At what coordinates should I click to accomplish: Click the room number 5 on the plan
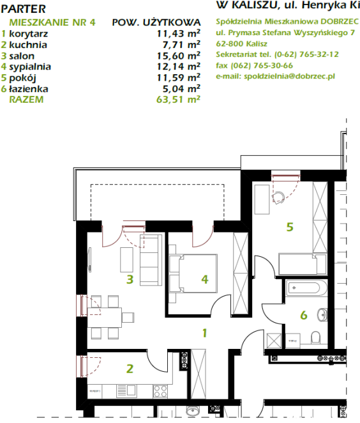click(290, 227)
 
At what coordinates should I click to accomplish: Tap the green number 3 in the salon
click(130, 279)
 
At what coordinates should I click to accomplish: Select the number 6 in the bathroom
click(304, 315)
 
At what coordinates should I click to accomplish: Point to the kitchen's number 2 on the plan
click(130, 369)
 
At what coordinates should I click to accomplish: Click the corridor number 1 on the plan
click(205, 333)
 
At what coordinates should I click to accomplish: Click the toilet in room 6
click(315, 337)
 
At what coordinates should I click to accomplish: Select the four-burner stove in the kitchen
click(160, 391)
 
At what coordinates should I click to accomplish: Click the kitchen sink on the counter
click(126, 391)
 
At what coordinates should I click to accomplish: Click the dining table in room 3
click(105, 318)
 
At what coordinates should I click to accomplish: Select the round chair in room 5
click(278, 197)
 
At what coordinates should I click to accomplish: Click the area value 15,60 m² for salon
click(178, 56)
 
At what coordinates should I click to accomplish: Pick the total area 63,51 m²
click(178, 99)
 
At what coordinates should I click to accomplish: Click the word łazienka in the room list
click(29, 89)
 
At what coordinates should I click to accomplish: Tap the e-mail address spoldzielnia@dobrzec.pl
click(289, 76)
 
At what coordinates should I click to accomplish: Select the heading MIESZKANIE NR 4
click(52, 22)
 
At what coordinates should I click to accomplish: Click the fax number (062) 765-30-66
click(262, 66)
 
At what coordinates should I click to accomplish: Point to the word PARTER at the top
click(23, 9)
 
